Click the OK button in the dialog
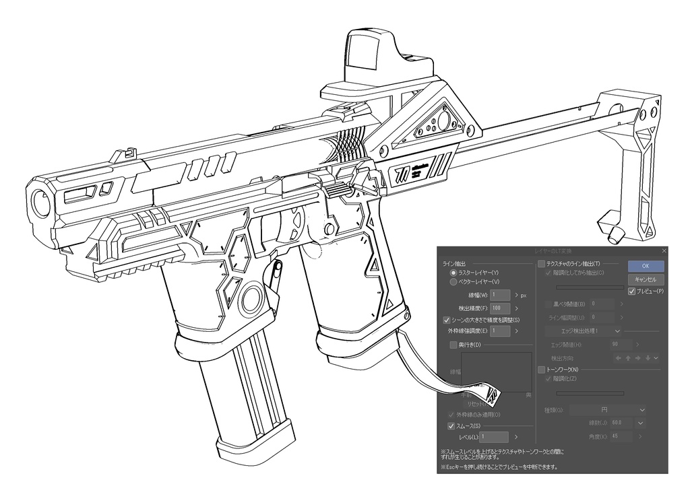click(x=646, y=265)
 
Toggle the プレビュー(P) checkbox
click(x=631, y=291)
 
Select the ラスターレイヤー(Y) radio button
click(x=453, y=273)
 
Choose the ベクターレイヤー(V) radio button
click(x=453, y=282)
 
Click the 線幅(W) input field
click(x=501, y=295)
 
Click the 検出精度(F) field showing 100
click(x=501, y=308)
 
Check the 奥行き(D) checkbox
click(x=453, y=345)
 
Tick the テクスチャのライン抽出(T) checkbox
click(x=541, y=264)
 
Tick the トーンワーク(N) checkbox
click(x=541, y=370)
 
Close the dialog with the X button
click(x=664, y=250)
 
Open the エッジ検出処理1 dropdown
click(x=584, y=331)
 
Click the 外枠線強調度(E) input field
click(x=501, y=331)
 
